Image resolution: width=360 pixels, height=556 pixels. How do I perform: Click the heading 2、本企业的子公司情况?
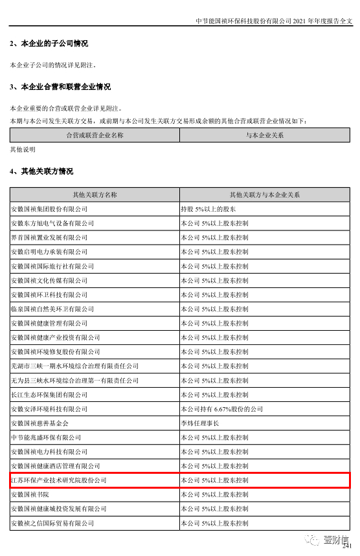click(49, 44)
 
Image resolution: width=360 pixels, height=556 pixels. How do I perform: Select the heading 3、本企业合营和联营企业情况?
click(60, 87)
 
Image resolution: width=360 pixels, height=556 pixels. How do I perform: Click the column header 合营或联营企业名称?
click(95, 135)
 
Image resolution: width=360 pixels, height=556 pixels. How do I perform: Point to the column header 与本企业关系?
click(264, 135)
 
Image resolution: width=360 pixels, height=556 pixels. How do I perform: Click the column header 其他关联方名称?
click(95, 195)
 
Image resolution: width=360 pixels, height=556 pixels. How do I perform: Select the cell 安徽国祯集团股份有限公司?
click(49, 209)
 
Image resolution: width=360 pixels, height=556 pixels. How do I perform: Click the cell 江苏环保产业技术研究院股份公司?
click(59, 480)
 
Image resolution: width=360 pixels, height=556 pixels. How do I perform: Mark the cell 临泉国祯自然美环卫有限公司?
click(52, 309)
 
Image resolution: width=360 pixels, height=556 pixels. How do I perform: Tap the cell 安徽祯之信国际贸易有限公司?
click(52, 523)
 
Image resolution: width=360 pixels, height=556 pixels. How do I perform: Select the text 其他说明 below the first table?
click(23, 150)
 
